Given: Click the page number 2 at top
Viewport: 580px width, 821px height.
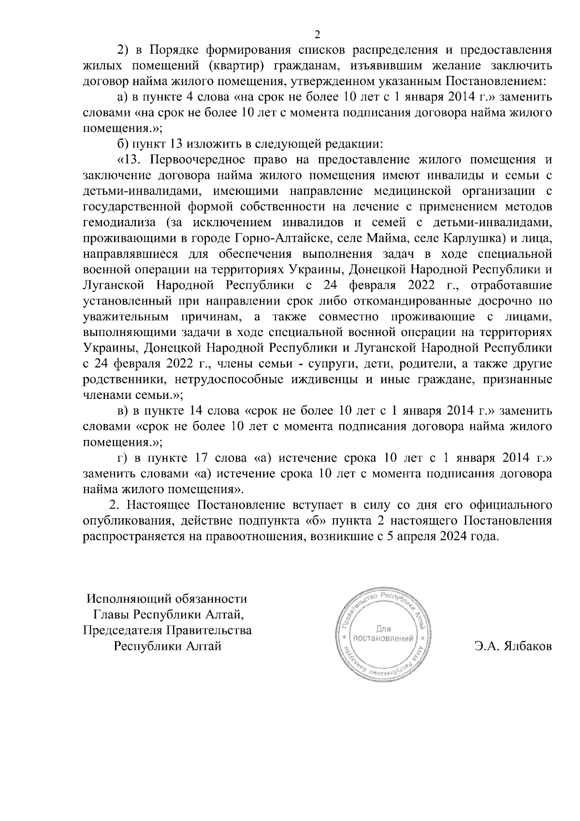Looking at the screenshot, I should (x=317, y=34).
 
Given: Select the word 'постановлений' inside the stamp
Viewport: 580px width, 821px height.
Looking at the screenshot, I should (x=383, y=638).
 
